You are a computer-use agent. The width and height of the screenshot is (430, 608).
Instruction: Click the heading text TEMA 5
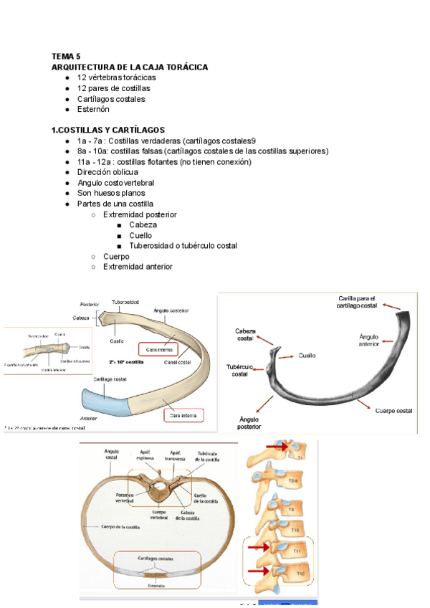(x=66, y=56)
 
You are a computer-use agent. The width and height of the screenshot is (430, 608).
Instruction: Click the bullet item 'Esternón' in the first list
(x=93, y=110)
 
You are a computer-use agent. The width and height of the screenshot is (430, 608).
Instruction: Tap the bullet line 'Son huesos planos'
(x=111, y=193)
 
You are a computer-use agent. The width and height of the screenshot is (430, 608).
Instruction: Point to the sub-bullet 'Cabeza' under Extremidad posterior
(x=143, y=224)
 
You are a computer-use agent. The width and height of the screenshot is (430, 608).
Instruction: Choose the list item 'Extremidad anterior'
(x=138, y=267)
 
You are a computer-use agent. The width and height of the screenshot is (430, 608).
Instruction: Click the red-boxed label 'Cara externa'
(x=183, y=414)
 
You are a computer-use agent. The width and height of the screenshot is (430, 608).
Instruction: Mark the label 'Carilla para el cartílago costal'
(x=356, y=302)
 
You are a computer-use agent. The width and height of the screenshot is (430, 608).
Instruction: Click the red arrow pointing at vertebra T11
(x=259, y=548)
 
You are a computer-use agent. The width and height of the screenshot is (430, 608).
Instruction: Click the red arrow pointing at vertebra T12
(x=259, y=572)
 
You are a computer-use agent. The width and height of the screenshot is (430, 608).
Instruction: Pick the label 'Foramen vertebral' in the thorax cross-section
(x=125, y=498)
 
